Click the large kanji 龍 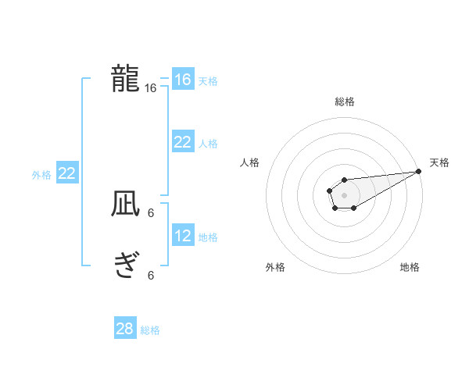(x=125, y=80)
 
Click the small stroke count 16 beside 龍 (x=151, y=88)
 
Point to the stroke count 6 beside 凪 (x=151, y=212)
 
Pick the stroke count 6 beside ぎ (x=151, y=275)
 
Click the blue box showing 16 (x=182, y=80)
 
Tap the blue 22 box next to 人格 (x=182, y=142)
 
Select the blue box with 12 (x=182, y=236)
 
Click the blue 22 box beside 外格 (x=66, y=173)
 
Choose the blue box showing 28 (x=125, y=329)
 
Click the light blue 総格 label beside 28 (x=150, y=330)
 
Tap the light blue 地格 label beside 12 (x=208, y=237)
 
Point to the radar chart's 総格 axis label (x=344, y=102)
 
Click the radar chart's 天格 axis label (x=439, y=162)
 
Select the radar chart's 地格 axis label (x=410, y=268)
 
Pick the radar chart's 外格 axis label (x=275, y=268)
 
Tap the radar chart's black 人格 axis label (x=250, y=162)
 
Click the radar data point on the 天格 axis (x=418, y=171)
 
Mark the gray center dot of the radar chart (x=344, y=194)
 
